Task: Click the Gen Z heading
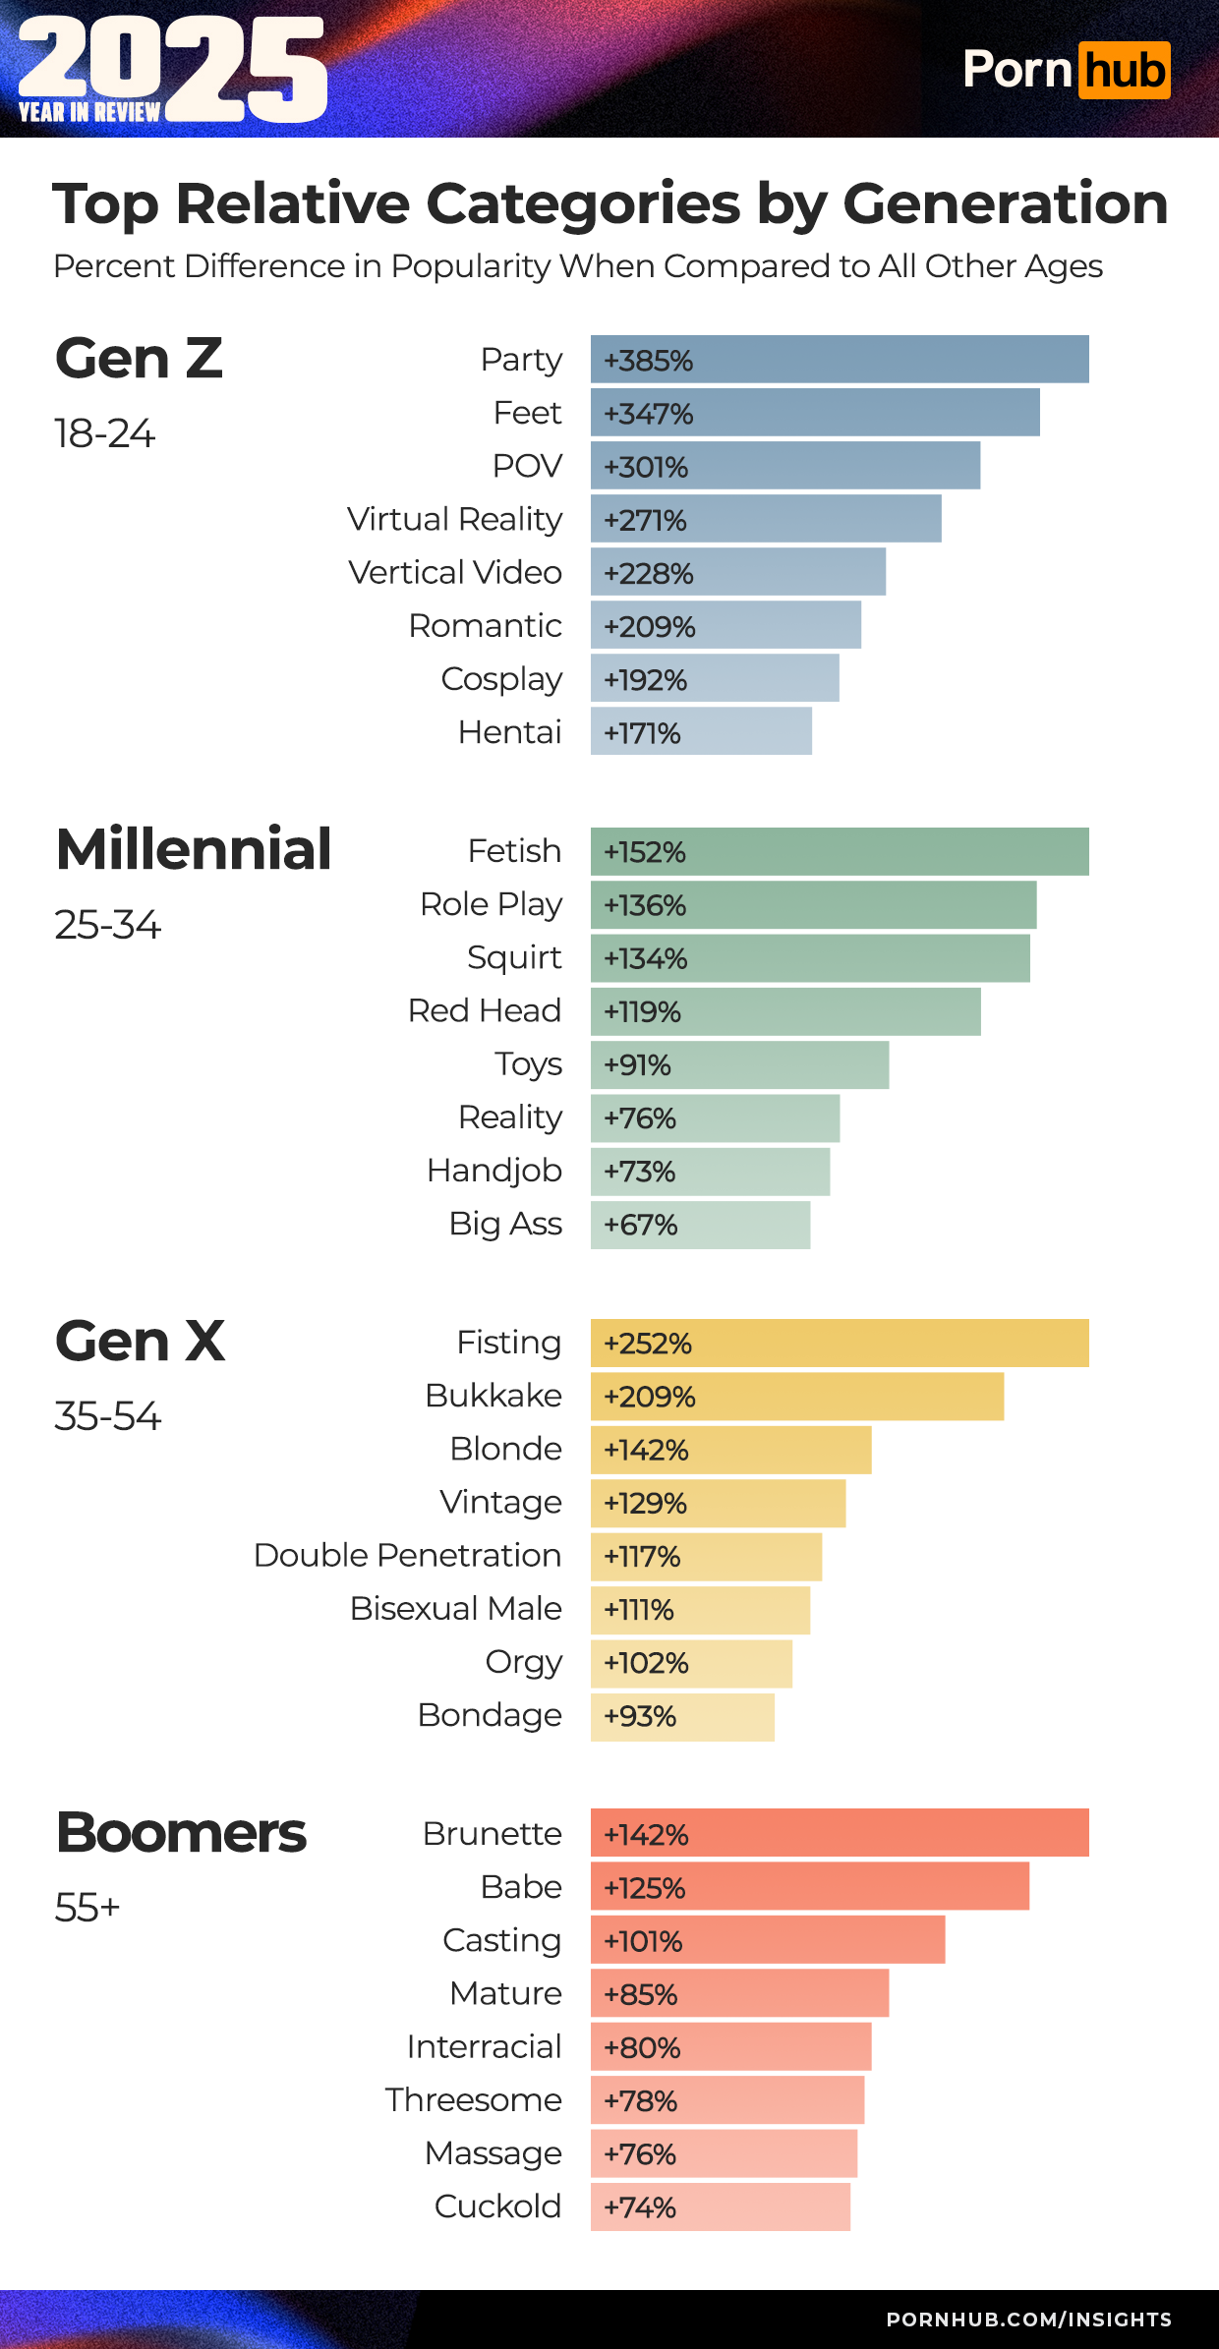coord(139,359)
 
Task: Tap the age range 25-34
coord(107,925)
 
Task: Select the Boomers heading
coord(181,1833)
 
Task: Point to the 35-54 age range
coord(107,1416)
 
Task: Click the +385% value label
coord(648,361)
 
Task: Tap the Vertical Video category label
coord(455,572)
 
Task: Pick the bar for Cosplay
coord(715,678)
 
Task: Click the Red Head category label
coord(485,1010)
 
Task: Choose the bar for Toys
coord(739,1065)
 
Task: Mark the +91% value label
coord(637,1065)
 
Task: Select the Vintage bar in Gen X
coord(718,1503)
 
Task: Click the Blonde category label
coord(505,1449)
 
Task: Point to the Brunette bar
coord(840,1833)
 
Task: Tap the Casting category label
coord(501,1940)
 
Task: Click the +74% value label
coord(640,2208)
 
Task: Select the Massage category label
coord(493,2153)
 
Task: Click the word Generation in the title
coord(1005,203)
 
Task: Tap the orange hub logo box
coord(1124,71)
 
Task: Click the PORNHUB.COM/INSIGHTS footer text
coord(1028,2320)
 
